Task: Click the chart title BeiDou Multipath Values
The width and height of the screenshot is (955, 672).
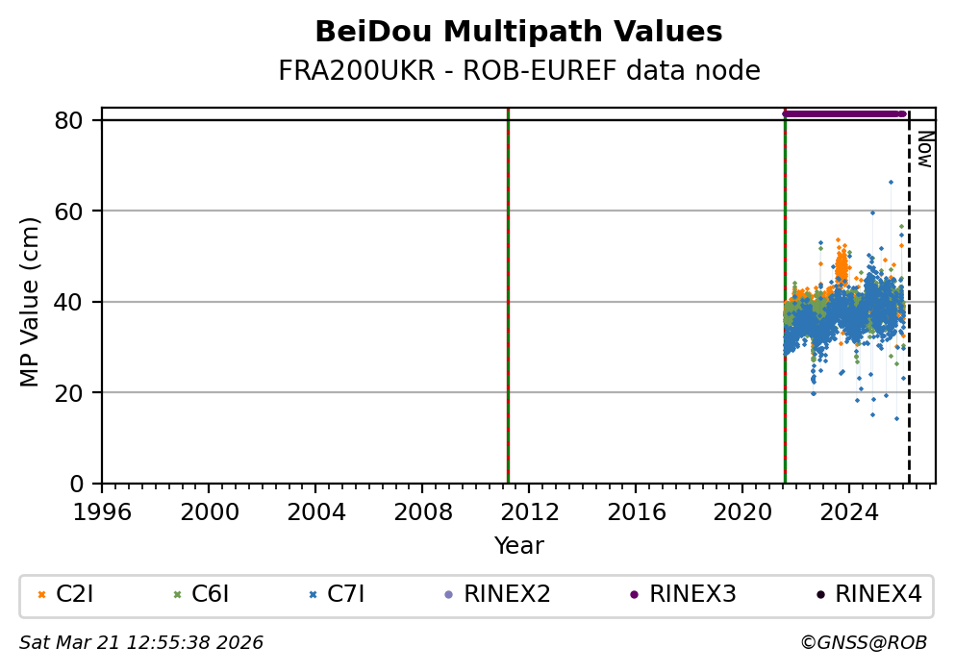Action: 518,32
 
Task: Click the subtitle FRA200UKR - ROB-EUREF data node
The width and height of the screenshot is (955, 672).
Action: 518,71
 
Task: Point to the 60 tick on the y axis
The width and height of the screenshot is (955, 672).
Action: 77,211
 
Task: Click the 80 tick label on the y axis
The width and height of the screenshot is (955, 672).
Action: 77,120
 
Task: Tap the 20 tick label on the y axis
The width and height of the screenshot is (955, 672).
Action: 77,392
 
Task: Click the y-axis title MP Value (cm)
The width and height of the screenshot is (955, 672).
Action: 31,302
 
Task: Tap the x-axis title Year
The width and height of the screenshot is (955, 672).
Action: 518,546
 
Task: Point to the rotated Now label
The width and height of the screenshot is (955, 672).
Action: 923,149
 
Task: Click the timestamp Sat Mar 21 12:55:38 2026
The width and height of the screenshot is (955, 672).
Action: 141,642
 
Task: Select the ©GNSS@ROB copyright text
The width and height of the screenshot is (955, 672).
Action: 863,642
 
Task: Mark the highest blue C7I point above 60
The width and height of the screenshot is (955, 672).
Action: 891,182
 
